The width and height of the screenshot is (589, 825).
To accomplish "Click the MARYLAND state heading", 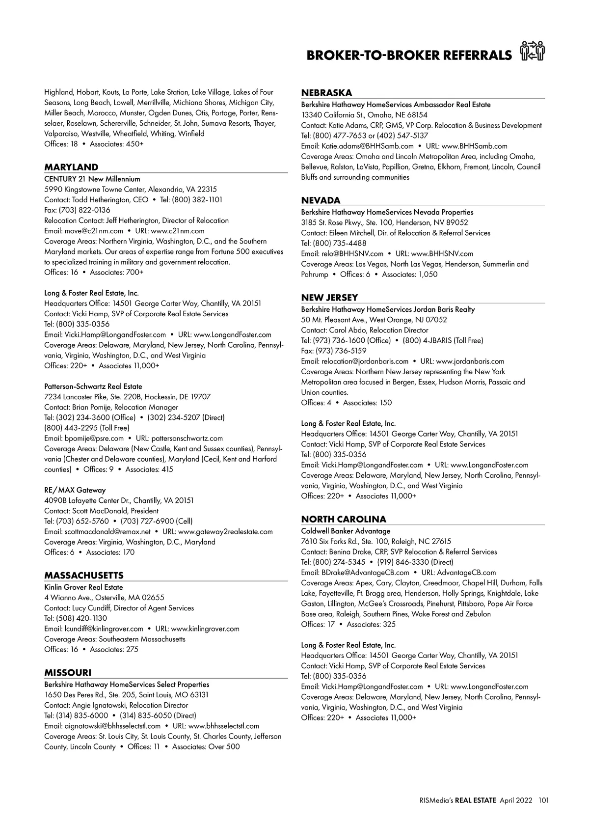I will point(71,167).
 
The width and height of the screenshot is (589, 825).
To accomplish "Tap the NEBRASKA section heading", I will point(326,93).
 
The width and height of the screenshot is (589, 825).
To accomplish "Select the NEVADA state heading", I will point(321,200).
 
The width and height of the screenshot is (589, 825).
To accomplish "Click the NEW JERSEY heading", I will point(329,298).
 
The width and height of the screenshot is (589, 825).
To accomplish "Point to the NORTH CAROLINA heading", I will point(344,519).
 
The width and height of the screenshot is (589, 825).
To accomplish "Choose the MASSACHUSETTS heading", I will point(84,576).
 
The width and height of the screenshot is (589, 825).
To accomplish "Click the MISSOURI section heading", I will point(68,673).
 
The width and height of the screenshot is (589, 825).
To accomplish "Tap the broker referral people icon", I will point(533,52).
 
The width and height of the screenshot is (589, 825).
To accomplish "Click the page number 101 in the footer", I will point(543,800).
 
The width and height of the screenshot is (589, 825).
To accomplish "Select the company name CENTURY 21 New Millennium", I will point(92,179).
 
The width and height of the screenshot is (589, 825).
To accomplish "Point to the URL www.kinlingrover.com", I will point(205,629).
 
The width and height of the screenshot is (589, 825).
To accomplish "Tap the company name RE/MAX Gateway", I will point(75,490).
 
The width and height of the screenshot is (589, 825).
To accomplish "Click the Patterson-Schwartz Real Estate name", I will point(93,386).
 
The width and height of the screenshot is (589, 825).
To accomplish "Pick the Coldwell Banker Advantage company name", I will point(346,531).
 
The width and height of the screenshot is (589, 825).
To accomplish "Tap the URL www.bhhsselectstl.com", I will point(224,726).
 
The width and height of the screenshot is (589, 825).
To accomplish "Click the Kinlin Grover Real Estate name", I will point(83,587).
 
